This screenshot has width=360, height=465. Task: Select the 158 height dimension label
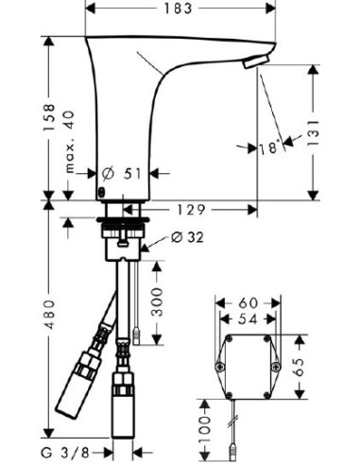click(x=54, y=121)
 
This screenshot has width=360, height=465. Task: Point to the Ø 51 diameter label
click(x=121, y=174)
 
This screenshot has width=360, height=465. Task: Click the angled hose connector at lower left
click(x=78, y=382)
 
